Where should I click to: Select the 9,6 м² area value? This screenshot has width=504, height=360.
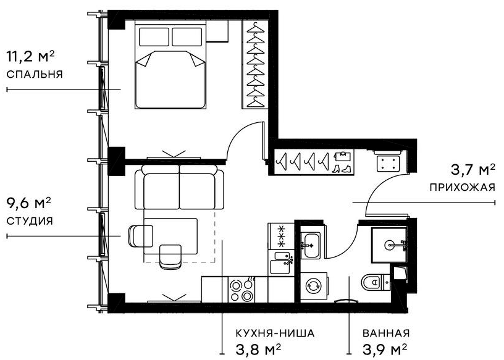click(x=28, y=203)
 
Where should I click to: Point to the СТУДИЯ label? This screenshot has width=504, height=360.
click(x=29, y=220)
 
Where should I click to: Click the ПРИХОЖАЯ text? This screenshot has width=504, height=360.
click(x=462, y=186)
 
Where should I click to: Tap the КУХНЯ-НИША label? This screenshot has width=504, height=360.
click(x=275, y=333)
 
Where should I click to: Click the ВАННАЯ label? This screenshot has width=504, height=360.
click(x=386, y=333)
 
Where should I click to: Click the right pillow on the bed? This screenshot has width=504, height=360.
click(x=187, y=36)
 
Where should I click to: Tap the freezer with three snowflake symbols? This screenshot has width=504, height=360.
click(x=278, y=236)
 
